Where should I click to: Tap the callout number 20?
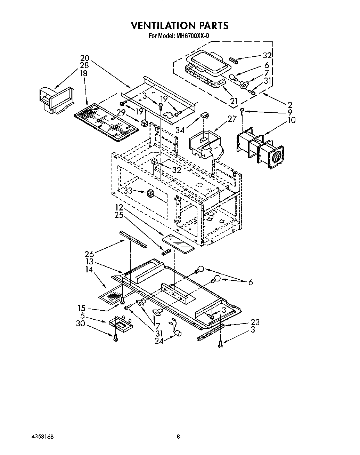[x=84, y=58]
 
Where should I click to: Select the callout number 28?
[x=84, y=65]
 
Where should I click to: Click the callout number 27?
[x=232, y=119]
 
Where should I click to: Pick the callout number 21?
[x=234, y=101]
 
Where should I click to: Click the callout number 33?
[x=128, y=191]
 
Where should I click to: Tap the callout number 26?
[x=89, y=255]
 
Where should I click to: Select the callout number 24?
[x=159, y=341]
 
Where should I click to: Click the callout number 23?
[x=255, y=322]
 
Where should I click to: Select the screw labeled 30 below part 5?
[x=115, y=337]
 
